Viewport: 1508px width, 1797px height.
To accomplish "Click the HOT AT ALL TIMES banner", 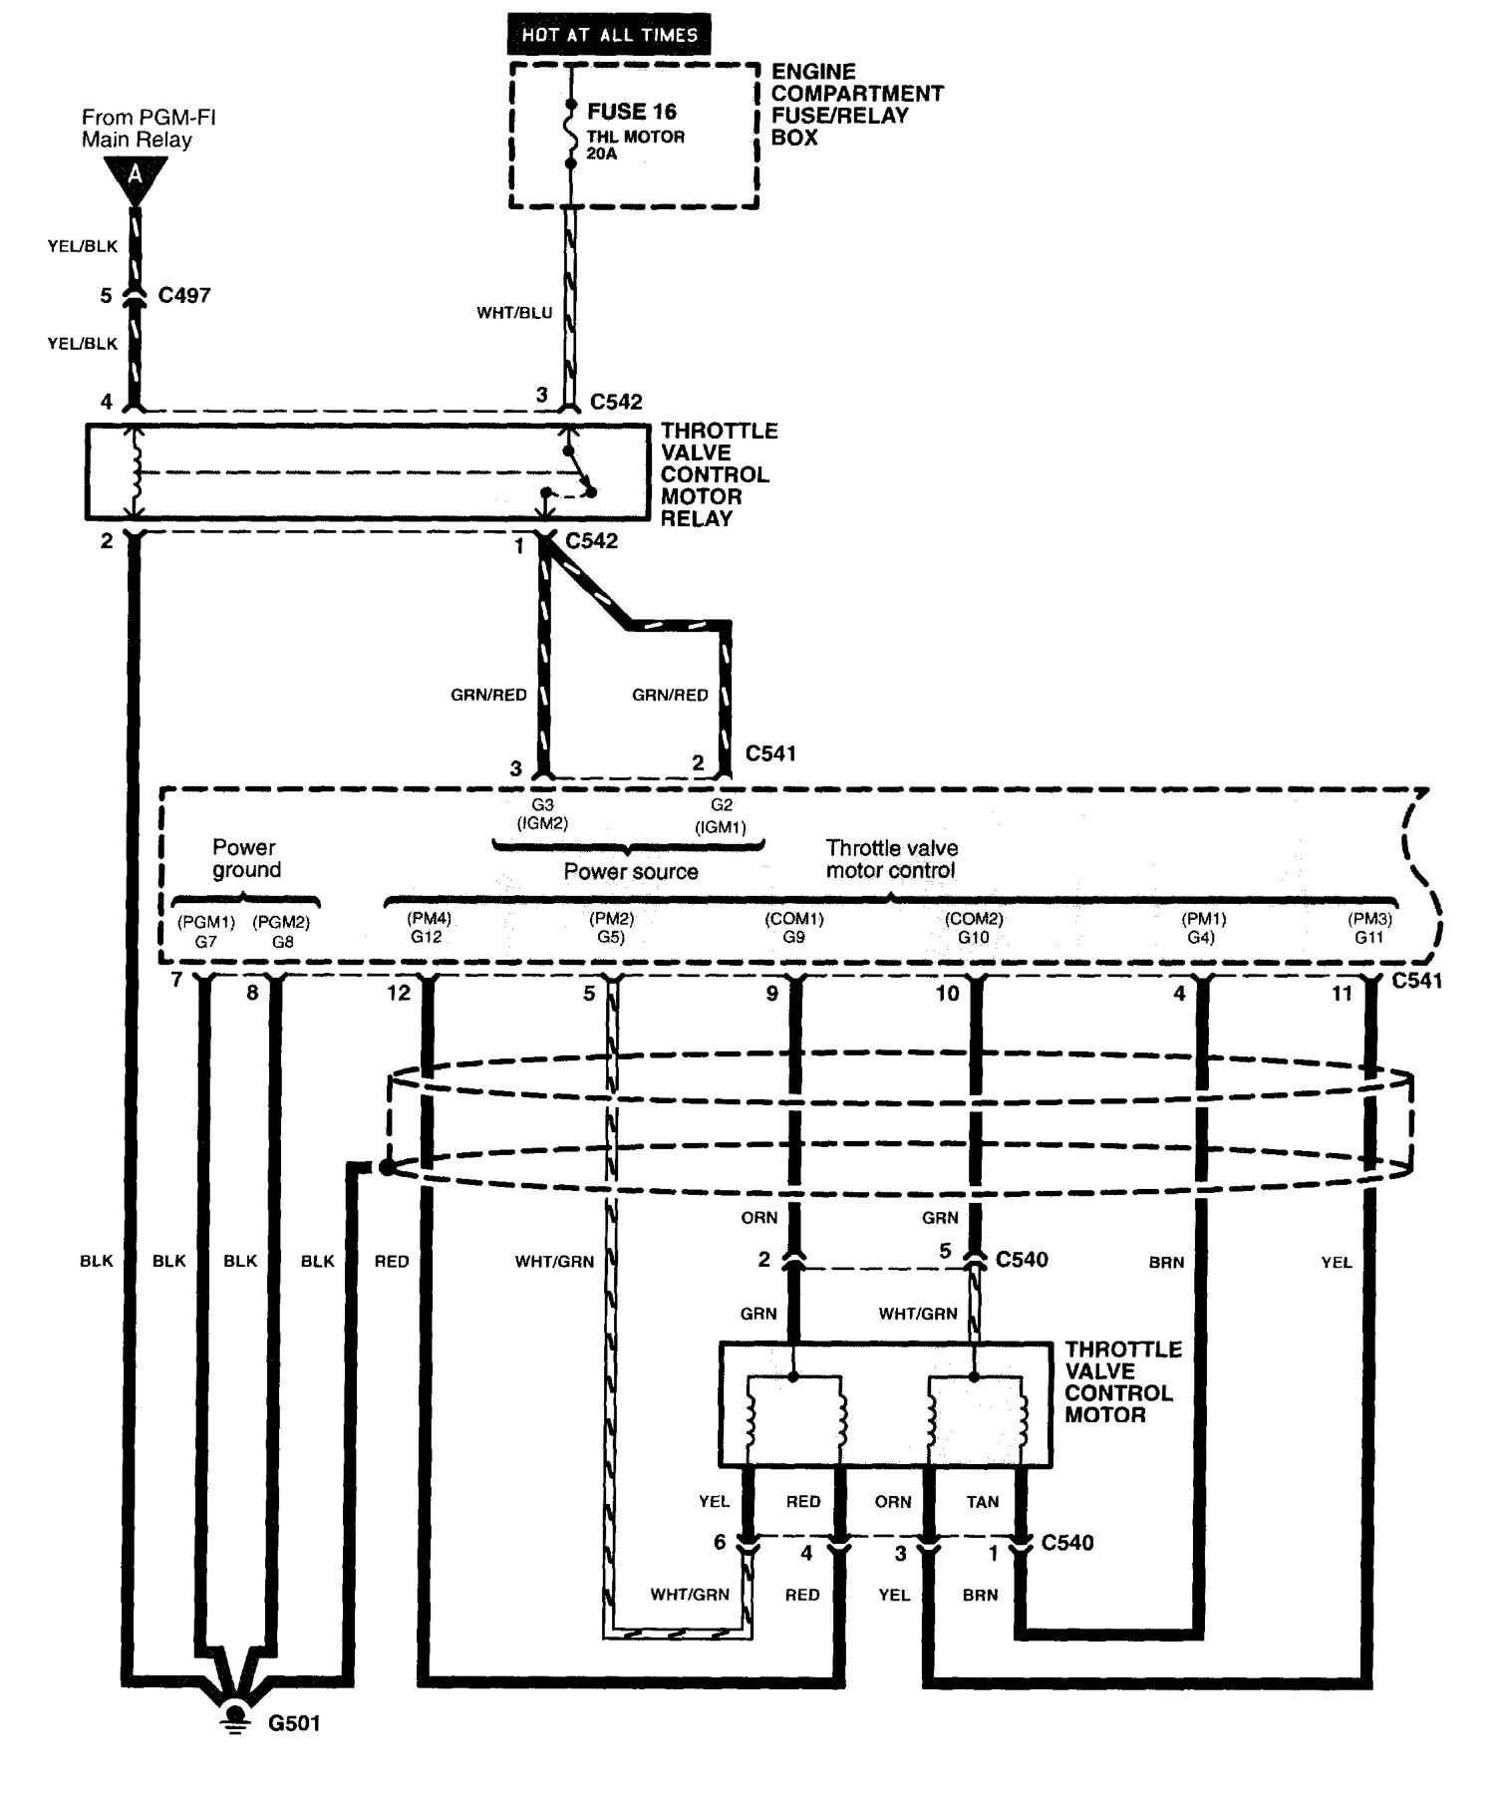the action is point(610,35).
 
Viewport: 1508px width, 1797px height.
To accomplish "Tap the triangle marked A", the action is point(135,178).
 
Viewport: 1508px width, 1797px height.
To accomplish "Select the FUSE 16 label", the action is point(632,111).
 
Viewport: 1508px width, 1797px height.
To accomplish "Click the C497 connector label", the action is point(184,295).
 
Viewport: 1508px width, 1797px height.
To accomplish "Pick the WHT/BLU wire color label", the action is point(513,313).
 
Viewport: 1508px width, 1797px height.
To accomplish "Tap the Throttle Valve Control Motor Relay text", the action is point(718,474).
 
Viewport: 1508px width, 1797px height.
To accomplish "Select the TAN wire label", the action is point(982,1501).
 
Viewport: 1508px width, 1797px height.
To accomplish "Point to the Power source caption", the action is point(630,872).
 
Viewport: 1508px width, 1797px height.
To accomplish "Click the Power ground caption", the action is point(245,859).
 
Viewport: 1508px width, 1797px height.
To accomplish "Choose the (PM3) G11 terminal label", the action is point(1369,928).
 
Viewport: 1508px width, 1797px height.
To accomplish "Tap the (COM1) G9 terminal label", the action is point(794,928).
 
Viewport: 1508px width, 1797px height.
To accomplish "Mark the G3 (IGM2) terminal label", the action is point(542,814).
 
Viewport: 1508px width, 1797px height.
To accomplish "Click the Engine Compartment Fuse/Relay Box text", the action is point(857,105).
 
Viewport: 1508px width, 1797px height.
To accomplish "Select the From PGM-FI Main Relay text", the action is point(149,129).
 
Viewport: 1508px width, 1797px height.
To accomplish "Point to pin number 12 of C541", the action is point(399,994).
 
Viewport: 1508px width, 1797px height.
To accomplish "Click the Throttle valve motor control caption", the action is point(891,859).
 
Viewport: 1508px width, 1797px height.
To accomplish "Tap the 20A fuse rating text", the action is point(602,154).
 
